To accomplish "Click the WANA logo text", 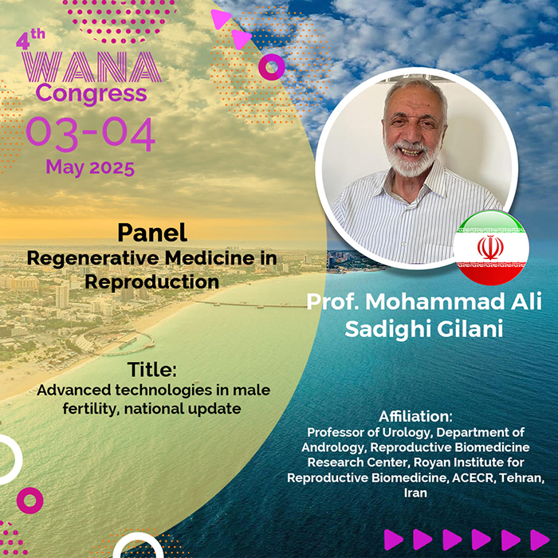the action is [x=92, y=67].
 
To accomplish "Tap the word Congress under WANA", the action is [x=91, y=94].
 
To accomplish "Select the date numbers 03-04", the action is [x=90, y=134].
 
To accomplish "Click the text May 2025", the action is [x=90, y=167].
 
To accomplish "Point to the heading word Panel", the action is [x=152, y=233].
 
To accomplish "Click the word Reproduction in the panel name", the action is [x=152, y=282].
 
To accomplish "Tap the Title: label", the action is [x=152, y=369].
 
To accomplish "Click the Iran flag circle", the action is [x=491, y=248].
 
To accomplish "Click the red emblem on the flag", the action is [x=490, y=247].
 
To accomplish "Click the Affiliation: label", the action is [x=415, y=416].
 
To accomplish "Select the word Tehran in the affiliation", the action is [x=521, y=477].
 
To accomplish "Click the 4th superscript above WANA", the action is [x=30, y=39].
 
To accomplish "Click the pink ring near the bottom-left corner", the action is [x=30, y=501].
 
